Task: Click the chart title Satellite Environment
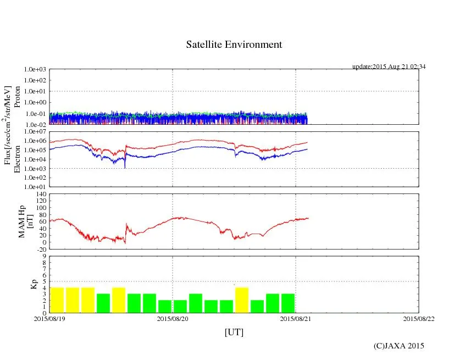click(234, 45)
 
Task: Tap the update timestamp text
click(389, 67)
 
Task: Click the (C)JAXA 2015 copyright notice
click(398, 346)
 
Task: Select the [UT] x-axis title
click(234, 333)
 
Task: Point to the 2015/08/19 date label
click(49, 318)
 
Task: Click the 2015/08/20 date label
click(173, 318)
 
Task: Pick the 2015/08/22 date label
click(419, 318)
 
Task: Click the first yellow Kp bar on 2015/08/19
click(57, 300)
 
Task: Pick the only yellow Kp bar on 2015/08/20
click(242, 300)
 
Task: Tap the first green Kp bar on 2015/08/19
click(103, 303)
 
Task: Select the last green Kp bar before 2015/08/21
click(288, 303)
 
